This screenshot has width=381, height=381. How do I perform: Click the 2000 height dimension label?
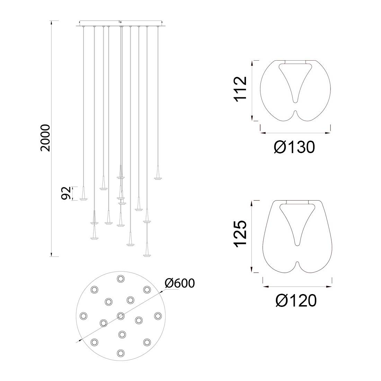(45, 138)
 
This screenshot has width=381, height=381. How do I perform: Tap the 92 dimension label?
(66, 193)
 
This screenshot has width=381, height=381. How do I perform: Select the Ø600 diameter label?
(180, 283)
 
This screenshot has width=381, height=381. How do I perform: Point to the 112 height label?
(240, 89)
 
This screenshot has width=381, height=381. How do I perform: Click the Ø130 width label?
(294, 147)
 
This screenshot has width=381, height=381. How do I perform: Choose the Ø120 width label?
(296, 301)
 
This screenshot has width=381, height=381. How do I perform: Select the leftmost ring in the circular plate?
(83, 316)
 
